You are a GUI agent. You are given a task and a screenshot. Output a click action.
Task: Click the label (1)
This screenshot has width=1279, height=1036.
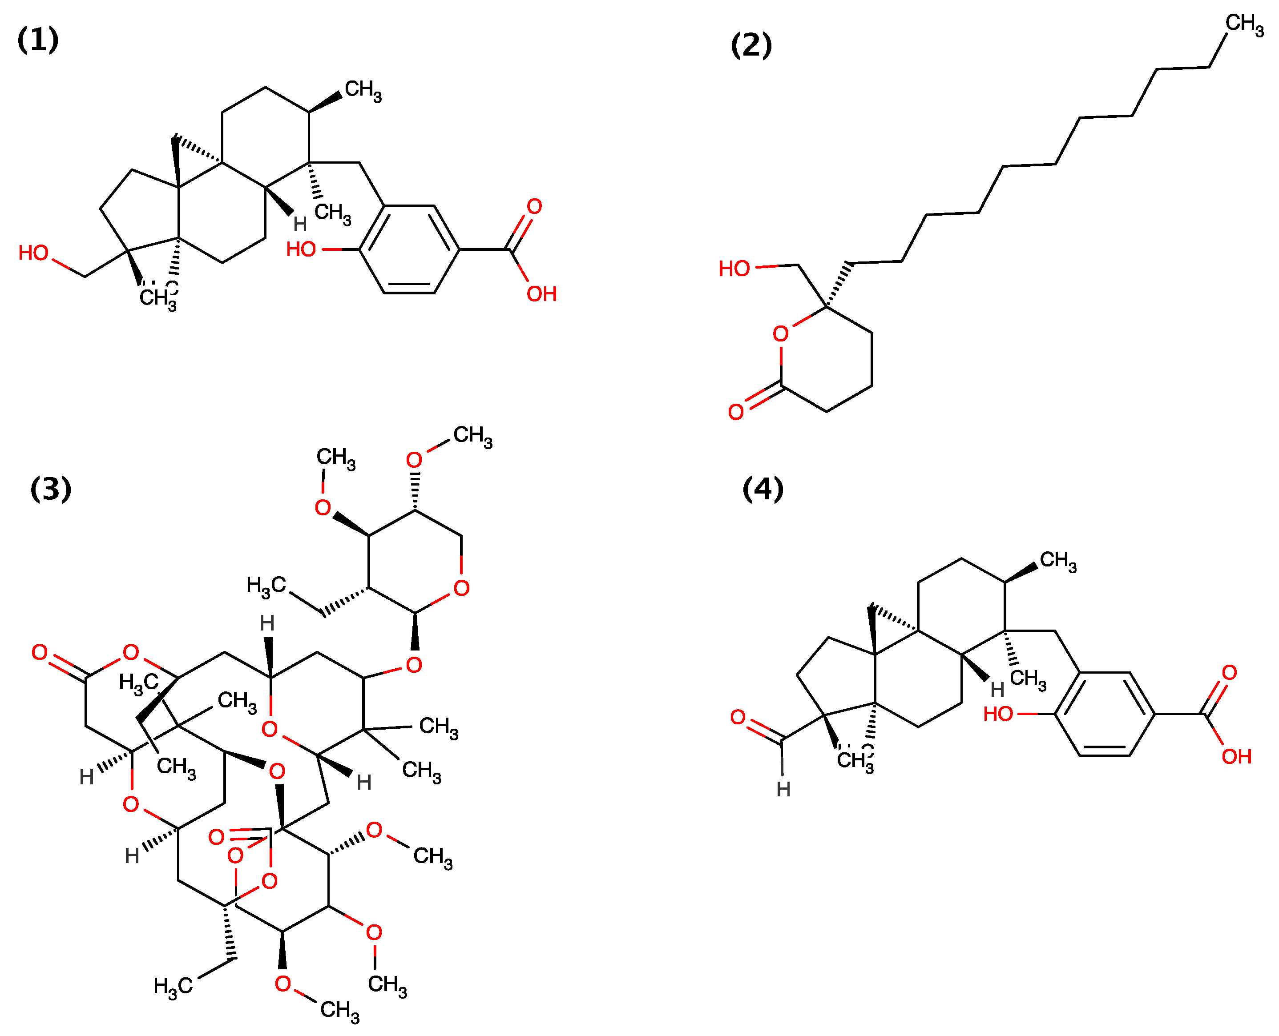point(38,40)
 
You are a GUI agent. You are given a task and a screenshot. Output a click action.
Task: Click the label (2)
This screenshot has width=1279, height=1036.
point(750,45)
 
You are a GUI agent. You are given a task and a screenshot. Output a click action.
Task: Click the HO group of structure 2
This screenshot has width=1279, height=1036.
point(734,269)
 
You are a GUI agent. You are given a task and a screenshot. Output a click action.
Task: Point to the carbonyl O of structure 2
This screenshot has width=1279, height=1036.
point(736,412)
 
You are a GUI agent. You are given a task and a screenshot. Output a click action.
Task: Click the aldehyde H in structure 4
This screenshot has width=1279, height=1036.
point(783,790)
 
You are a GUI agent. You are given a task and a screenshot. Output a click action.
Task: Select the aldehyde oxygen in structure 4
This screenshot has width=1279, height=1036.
point(738,717)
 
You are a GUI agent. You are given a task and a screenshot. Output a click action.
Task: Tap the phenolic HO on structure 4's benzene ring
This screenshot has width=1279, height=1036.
point(998,714)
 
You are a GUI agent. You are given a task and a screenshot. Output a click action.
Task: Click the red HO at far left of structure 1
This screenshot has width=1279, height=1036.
point(33,253)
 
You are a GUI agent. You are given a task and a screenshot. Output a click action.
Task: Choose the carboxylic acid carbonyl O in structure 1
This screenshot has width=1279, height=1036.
point(534,206)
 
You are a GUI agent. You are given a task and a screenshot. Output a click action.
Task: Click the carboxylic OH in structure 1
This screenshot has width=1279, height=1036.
point(541,293)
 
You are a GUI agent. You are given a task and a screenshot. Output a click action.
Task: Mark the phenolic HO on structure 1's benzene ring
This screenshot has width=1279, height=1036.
point(301,249)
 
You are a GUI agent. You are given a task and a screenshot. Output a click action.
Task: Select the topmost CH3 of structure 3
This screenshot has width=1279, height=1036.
point(473,436)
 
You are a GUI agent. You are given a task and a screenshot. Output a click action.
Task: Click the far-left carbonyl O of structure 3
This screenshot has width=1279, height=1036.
point(40,652)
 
